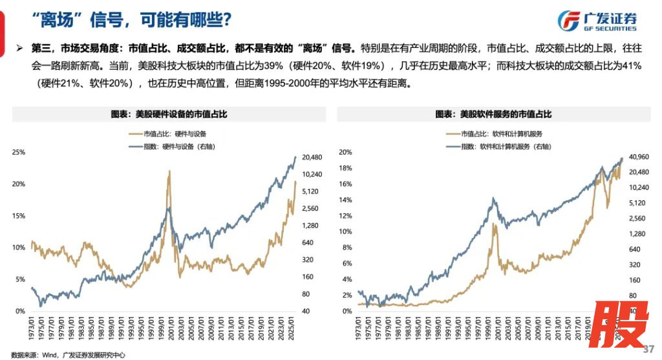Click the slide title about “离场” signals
(x=132, y=20)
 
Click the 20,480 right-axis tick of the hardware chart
(x=312, y=157)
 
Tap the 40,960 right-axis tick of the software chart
(x=639, y=157)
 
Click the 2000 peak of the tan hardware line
(x=169, y=171)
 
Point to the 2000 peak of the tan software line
(x=495, y=224)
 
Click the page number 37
(x=650, y=348)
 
